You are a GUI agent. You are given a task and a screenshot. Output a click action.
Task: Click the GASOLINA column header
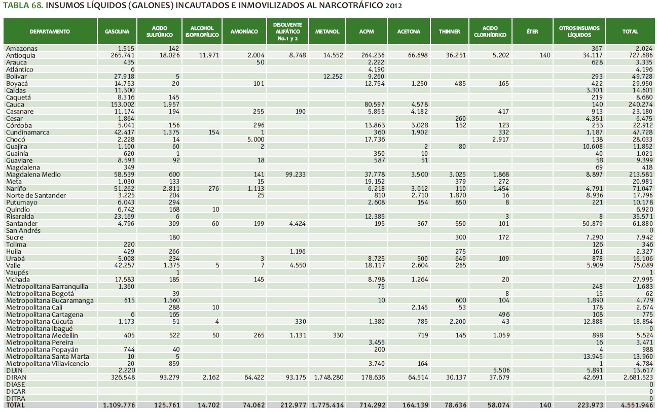pos(117,31)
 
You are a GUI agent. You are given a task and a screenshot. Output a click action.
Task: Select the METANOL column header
pos(327,31)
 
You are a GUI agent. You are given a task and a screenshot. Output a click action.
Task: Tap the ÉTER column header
pos(532,31)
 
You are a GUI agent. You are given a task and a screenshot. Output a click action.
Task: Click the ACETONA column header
pos(409,31)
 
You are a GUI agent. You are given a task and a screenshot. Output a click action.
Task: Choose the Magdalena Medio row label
pos(33,175)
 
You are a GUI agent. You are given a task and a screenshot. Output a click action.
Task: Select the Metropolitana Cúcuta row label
pos(40,322)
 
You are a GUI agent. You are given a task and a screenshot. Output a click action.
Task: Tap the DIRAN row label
pos(16,378)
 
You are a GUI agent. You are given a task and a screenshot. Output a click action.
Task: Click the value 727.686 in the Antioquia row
pos(639,55)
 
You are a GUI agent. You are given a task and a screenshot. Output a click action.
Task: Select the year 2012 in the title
pos(392,7)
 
